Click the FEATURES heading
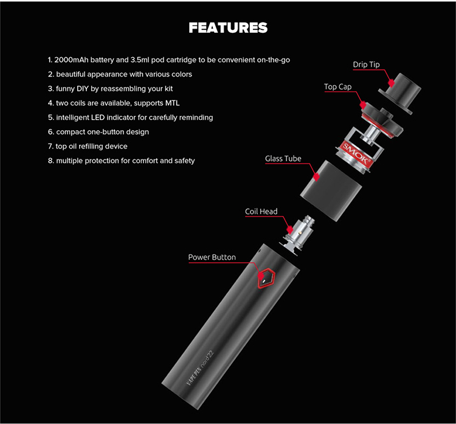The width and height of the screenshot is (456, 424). (228, 28)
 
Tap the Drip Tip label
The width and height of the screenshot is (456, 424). (366, 64)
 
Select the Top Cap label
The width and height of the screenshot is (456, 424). (337, 87)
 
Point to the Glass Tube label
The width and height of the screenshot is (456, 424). (283, 159)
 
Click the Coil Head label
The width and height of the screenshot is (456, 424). (261, 212)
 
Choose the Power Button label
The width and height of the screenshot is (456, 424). (212, 257)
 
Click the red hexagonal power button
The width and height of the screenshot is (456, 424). (266, 278)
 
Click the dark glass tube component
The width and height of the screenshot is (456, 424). (331, 190)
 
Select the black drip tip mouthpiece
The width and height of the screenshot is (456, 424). (400, 93)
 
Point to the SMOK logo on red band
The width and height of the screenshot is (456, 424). (356, 152)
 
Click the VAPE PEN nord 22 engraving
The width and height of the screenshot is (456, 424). (200, 368)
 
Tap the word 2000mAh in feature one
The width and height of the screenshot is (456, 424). (71, 60)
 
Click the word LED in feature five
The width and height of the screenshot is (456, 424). (98, 117)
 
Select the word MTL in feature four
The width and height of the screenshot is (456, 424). (173, 103)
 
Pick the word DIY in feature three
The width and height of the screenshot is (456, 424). (83, 89)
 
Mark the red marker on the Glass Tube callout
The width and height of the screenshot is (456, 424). (316, 176)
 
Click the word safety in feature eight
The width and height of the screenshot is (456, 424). (185, 161)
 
